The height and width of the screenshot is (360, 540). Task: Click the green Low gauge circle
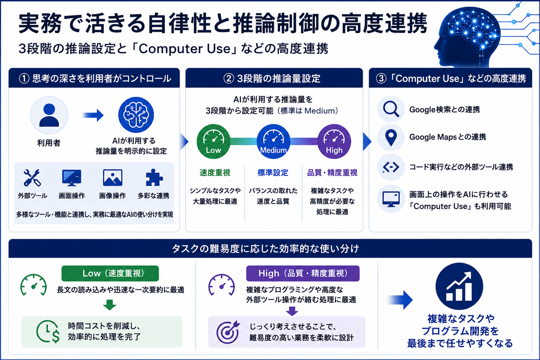pyautogui.click(x=214, y=141)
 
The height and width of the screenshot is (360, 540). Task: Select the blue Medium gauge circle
pyautogui.click(x=274, y=141)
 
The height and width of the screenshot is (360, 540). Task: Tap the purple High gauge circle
pyautogui.click(x=334, y=141)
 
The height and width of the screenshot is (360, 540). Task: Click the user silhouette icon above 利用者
pyautogui.click(x=49, y=115)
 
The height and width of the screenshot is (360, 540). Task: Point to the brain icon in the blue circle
pyautogui.click(x=136, y=115)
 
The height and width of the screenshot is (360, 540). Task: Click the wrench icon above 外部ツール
pyautogui.click(x=32, y=178)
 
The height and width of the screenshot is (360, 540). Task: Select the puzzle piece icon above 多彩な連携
pyautogui.click(x=154, y=178)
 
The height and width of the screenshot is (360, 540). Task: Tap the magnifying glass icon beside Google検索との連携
pyautogui.click(x=391, y=109)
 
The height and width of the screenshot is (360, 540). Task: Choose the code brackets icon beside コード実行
pyautogui.click(x=391, y=167)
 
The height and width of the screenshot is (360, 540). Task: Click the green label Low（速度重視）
pyautogui.click(x=110, y=274)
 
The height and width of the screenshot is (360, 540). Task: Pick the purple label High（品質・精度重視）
pyautogui.click(x=303, y=274)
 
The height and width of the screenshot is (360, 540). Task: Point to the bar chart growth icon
pyautogui.click(x=459, y=286)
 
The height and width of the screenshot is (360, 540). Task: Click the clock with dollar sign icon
pyautogui.click(x=48, y=331)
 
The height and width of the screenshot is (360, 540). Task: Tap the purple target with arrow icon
pyautogui.click(x=228, y=332)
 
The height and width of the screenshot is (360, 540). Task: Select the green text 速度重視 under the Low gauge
pyautogui.click(x=215, y=173)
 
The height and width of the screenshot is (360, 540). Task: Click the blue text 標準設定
pyautogui.click(x=273, y=173)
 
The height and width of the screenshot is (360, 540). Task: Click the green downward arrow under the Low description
pyautogui.click(x=110, y=305)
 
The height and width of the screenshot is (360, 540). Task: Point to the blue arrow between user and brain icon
pyautogui.click(x=93, y=115)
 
